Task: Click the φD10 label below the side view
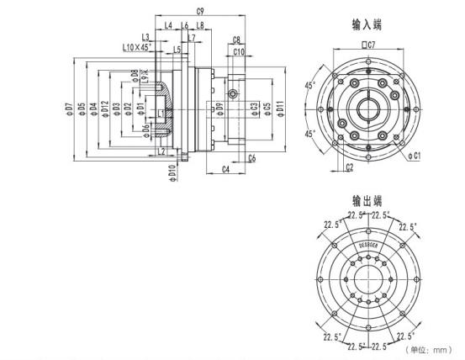[x=171, y=172]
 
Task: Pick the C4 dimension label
[x=225, y=170]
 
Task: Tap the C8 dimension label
[x=237, y=40]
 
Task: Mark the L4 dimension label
[x=168, y=26]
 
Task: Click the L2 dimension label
[x=161, y=151]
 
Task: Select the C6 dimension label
[x=251, y=158]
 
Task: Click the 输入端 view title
[x=367, y=26]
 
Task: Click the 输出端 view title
[x=367, y=201]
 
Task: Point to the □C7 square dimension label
[x=367, y=42]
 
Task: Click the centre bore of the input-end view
[x=367, y=107]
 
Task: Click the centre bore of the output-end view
[x=367, y=278]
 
